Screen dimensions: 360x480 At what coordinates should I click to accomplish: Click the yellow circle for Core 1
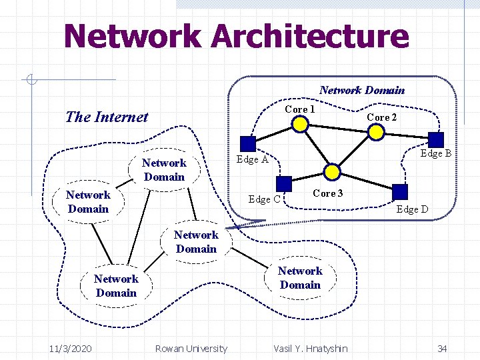(x=301, y=124)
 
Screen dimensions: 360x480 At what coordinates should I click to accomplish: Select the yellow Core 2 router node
(x=377, y=132)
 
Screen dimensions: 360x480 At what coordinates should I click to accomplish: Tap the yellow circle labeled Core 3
(x=333, y=172)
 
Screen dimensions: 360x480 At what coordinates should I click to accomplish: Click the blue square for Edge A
(x=248, y=143)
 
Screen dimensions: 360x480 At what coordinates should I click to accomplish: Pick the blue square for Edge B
(x=435, y=139)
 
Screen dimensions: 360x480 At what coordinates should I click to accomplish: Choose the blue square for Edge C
(x=284, y=184)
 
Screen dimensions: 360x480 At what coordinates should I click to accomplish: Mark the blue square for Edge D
(x=400, y=191)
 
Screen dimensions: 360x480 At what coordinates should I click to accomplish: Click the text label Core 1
(x=299, y=109)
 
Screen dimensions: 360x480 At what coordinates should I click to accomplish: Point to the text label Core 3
(x=328, y=193)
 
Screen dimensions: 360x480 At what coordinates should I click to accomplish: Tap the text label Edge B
(x=436, y=154)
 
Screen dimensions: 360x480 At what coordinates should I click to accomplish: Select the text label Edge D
(x=412, y=209)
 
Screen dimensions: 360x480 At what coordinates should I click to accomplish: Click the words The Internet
(x=107, y=117)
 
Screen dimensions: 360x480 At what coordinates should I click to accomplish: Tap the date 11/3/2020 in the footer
(x=71, y=349)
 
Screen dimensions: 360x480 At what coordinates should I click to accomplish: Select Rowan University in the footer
(x=191, y=349)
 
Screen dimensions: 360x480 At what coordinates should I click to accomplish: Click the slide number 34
(x=441, y=349)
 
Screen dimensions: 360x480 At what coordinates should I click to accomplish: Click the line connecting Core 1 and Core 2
(x=339, y=128)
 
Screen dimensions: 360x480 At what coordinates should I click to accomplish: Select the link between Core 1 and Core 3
(x=317, y=148)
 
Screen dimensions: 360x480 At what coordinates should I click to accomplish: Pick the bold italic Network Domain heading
(x=361, y=90)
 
